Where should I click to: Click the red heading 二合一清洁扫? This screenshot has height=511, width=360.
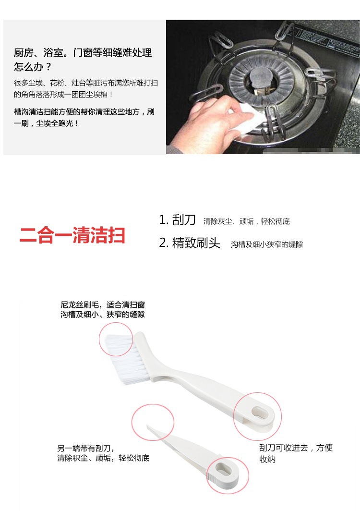(72, 235)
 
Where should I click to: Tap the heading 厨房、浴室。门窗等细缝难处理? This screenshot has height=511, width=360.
(83, 52)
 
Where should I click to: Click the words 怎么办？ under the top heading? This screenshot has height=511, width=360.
(33, 67)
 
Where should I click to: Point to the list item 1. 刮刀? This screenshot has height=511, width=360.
(177, 220)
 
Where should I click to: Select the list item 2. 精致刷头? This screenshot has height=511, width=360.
(190, 243)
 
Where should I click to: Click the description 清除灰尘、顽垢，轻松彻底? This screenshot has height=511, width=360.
(247, 221)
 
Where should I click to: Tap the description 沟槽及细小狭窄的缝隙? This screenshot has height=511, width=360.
(267, 244)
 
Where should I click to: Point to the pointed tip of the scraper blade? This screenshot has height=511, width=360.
(147, 426)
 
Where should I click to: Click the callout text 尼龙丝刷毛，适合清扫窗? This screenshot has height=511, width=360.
(103, 305)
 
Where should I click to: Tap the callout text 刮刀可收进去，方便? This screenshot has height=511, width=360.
(296, 448)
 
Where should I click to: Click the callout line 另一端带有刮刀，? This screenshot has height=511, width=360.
(86, 449)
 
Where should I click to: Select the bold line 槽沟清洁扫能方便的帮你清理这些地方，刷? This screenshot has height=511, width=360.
(84, 112)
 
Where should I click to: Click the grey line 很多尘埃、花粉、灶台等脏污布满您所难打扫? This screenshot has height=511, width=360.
(86, 83)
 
